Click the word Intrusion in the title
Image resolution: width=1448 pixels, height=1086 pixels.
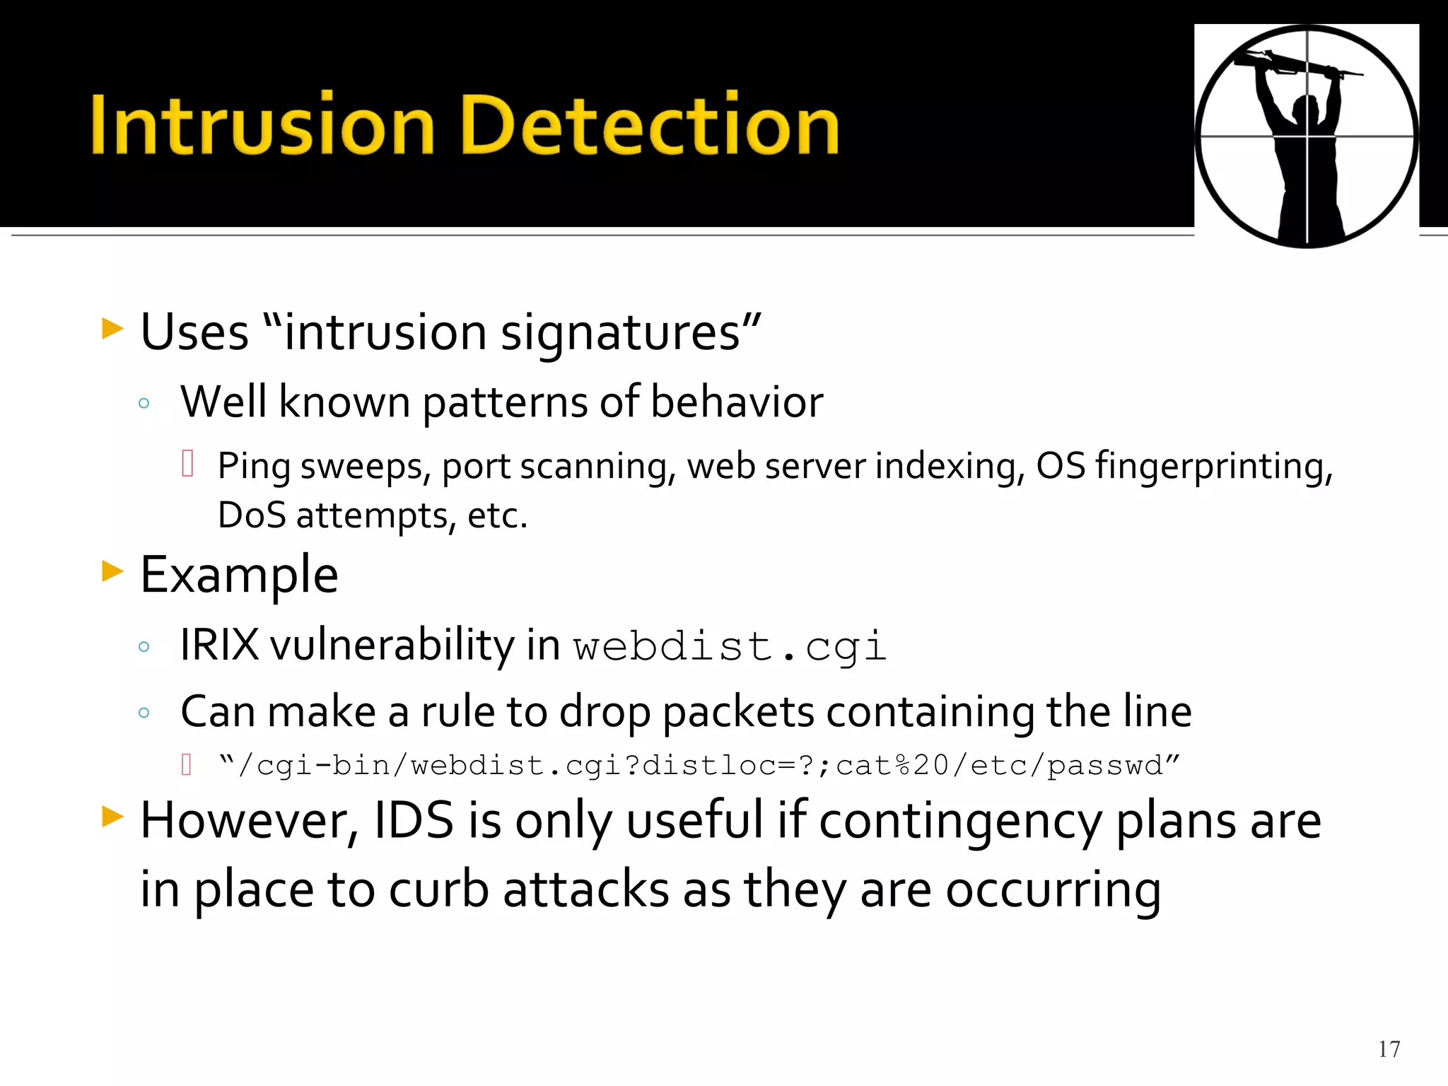262,126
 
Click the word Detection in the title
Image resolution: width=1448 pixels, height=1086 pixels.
649,126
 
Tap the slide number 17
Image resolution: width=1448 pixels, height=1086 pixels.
1389,1049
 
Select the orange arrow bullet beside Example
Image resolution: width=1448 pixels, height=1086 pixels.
112,571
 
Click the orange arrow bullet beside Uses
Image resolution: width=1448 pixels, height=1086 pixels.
112,328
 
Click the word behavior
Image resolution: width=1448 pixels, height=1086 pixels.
736,402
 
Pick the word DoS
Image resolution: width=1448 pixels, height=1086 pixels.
251,515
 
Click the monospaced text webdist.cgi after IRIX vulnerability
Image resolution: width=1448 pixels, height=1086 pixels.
729,646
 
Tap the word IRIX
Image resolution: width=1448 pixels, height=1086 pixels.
219,645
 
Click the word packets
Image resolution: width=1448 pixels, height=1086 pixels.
737,711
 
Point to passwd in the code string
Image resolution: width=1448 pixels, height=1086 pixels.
1105,766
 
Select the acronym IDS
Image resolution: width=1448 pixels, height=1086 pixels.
414,821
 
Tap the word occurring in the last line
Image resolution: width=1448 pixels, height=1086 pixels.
1053,889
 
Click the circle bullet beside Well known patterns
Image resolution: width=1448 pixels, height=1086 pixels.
144,404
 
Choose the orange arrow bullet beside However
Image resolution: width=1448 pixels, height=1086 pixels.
112,817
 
